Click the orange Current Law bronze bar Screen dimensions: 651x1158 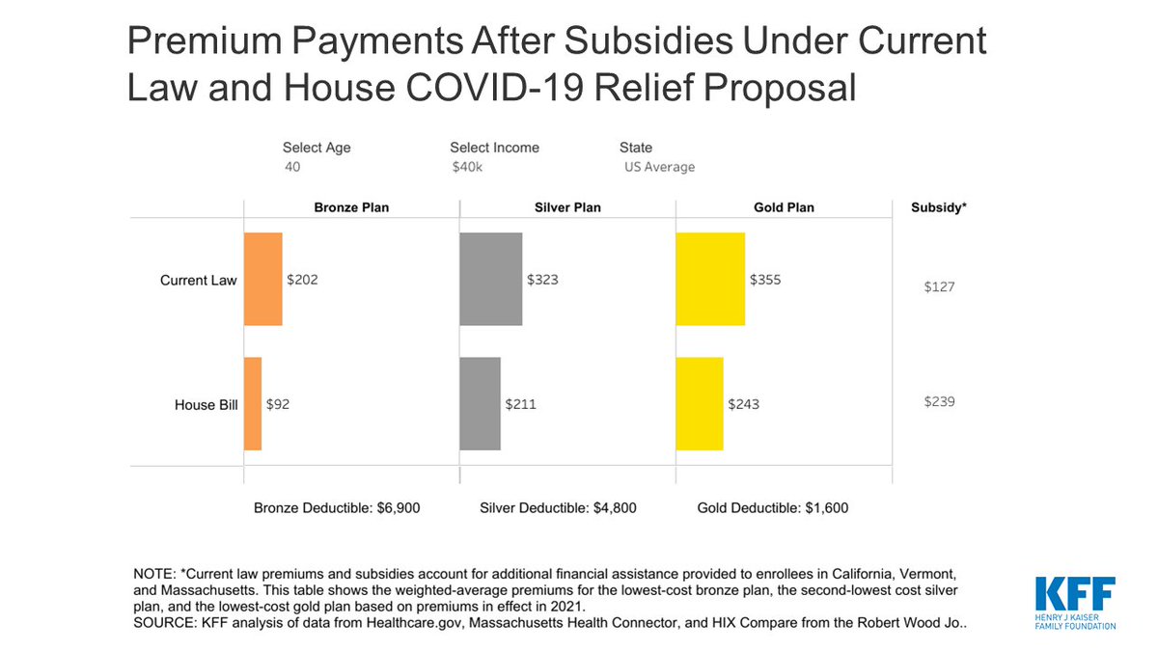[263, 279]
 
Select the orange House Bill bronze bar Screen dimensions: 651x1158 [253, 403]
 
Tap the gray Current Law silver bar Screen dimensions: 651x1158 [491, 279]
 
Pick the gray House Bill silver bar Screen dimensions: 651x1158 [481, 403]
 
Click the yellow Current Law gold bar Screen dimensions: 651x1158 [710, 279]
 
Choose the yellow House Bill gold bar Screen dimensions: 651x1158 [700, 403]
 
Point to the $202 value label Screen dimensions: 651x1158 [302, 280]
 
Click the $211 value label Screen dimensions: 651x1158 [520, 404]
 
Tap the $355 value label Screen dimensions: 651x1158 [765, 280]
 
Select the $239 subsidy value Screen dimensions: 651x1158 [939, 401]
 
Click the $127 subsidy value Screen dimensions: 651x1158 [939, 286]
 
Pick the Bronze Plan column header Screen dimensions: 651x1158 [351, 207]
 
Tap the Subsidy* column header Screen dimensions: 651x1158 [939, 207]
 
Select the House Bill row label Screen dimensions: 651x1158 [206, 405]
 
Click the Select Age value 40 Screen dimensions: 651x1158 [291, 167]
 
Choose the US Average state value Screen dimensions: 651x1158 [659, 167]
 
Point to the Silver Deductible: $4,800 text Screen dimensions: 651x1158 [558, 507]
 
